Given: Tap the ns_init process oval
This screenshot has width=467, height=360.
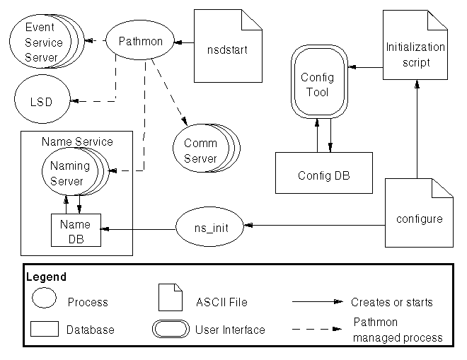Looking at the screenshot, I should coord(210,226).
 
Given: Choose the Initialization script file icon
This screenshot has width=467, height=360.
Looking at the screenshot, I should coord(415,54).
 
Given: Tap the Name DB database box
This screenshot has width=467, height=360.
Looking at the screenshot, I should coord(76,230).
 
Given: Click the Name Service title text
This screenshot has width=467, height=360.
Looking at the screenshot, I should coord(77,141).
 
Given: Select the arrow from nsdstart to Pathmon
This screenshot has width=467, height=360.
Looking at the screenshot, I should coord(184,42).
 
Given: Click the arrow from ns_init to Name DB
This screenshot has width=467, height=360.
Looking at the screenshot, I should coord(138,228).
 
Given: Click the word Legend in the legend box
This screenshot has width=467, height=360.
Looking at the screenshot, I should coord(46,277).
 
